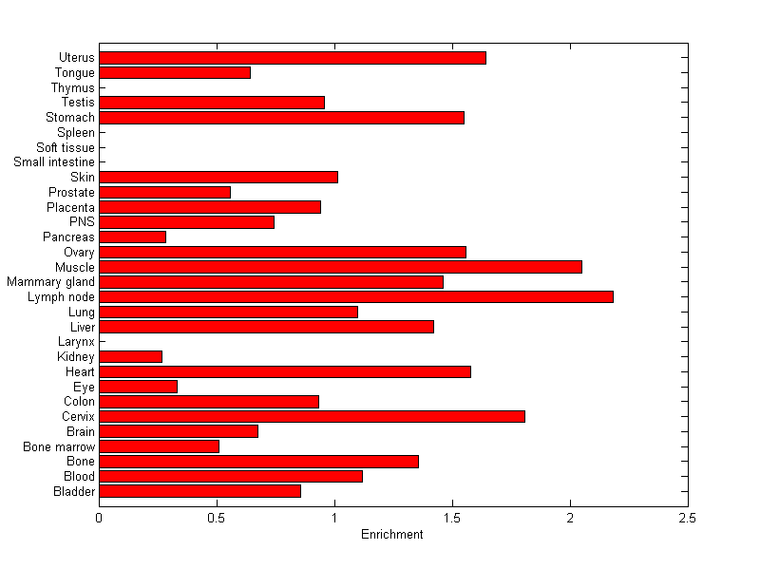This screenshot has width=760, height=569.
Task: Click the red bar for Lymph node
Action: point(356,297)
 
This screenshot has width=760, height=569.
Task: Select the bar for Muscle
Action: point(340,267)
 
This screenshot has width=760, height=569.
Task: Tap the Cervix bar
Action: point(312,416)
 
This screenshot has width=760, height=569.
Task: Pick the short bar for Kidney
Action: point(131,356)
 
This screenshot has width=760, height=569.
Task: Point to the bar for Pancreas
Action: point(133,237)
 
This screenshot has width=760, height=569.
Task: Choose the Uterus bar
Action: point(293,58)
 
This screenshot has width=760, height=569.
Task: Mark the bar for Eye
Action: point(139,387)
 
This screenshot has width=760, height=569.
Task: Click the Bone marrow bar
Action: point(160,446)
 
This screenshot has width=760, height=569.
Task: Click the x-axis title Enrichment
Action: point(392,535)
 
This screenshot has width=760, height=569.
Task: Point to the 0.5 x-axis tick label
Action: point(217,518)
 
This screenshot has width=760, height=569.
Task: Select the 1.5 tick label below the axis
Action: point(452,518)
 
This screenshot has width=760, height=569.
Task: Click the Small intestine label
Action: point(54,162)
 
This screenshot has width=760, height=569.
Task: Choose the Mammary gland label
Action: point(50,282)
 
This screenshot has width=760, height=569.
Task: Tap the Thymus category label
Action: point(73,88)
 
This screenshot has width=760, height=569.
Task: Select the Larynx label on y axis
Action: point(76,341)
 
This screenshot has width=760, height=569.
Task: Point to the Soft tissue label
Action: point(66,147)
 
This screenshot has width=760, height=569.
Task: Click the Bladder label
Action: point(75,491)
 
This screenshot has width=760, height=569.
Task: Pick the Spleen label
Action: point(76,133)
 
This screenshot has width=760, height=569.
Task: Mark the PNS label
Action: point(82,222)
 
